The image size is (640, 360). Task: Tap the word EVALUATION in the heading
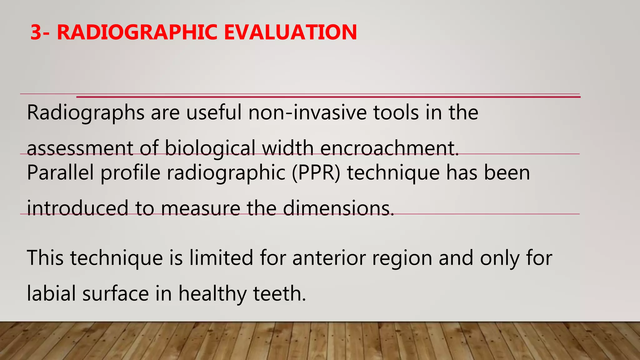pyautogui.click(x=290, y=32)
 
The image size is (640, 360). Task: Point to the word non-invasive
pyautogui.click(x=307, y=112)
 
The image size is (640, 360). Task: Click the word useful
pyautogui.click(x=214, y=112)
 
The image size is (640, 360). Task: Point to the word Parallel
pyautogui.click(x=60, y=172)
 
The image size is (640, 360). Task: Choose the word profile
pyautogui.click(x=130, y=172)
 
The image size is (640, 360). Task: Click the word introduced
pyautogui.click(x=78, y=208)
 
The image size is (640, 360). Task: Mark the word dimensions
pyautogui.click(x=338, y=208)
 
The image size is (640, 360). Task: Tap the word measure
pyautogui.click(x=200, y=208)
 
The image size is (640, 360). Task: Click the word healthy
pyautogui.click(x=212, y=294)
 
